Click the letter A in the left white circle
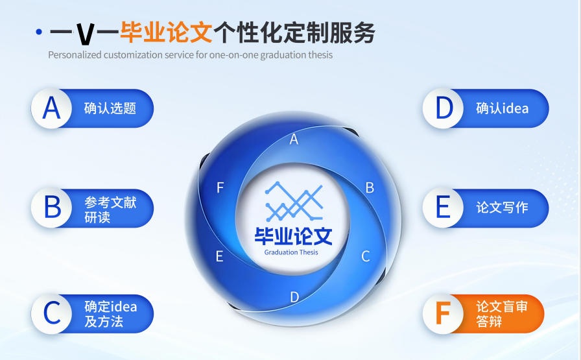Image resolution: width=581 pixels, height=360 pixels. pyautogui.click(x=51, y=108)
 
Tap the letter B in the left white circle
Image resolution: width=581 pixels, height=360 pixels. pyautogui.click(x=52, y=208)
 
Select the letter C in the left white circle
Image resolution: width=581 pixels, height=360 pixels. pyautogui.click(x=52, y=313)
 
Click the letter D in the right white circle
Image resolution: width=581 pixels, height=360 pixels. pyautogui.click(x=444, y=108)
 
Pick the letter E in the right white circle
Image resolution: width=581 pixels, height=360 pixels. pyautogui.click(x=444, y=208)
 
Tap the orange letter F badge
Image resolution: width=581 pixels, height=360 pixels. pyautogui.click(x=443, y=313)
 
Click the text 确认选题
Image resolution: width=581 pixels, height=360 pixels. pyautogui.click(x=110, y=108)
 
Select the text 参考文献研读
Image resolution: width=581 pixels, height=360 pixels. pyautogui.click(x=110, y=210)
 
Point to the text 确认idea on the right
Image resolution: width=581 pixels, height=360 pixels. pyautogui.click(x=502, y=108)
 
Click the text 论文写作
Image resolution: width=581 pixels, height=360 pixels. pyautogui.click(x=502, y=208)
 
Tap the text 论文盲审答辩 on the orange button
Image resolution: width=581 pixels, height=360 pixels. pyautogui.click(x=502, y=314)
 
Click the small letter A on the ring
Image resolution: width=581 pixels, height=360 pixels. pyautogui.click(x=294, y=139)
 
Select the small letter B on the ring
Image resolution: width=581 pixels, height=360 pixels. pyautogui.click(x=370, y=188)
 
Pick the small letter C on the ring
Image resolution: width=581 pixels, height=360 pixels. pyautogui.click(x=366, y=256)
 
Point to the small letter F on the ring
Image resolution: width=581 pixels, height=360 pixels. pyautogui.click(x=220, y=188)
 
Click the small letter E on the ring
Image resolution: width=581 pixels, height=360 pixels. pyautogui.click(x=219, y=256)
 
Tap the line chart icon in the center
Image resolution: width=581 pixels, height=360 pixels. pyautogui.click(x=293, y=201)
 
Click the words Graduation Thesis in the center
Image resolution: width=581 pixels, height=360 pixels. pyautogui.click(x=291, y=252)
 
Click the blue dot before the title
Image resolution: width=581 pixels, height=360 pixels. pyautogui.click(x=39, y=31)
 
